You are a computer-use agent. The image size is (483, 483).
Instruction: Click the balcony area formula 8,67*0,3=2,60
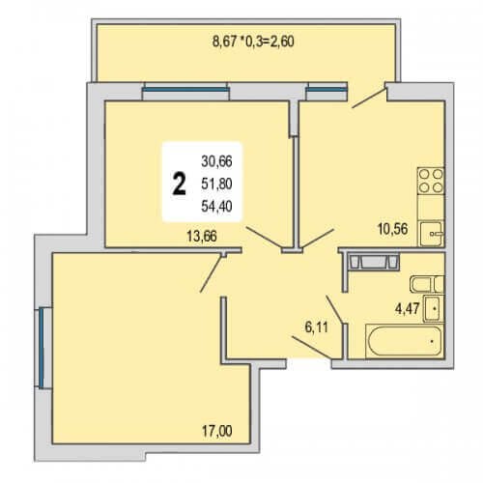tap(253, 42)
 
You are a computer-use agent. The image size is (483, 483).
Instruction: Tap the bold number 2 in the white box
tap(179, 184)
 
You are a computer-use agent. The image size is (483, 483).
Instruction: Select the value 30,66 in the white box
tap(216, 161)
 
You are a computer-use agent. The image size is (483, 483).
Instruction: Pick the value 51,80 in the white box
tap(216, 184)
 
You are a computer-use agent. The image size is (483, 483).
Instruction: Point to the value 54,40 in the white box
tap(216, 206)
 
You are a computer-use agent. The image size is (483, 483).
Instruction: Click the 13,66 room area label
tap(202, 237)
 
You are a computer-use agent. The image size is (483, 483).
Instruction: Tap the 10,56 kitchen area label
tap(392, 229)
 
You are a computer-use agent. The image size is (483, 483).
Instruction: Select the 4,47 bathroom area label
tap(408, 309)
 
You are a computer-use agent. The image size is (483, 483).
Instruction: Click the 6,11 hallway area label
tap(317, 327)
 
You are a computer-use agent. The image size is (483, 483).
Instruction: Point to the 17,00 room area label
tap(217, 431)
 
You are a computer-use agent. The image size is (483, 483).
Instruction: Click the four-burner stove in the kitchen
tap(431, 181)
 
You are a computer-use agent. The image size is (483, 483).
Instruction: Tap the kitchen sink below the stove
tap(432, 234)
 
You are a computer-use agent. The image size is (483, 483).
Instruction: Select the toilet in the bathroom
tap(427, 284)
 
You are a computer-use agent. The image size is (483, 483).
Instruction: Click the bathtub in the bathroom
tap(405, 341)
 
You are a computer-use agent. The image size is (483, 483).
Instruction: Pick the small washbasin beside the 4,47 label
tap(434, 308)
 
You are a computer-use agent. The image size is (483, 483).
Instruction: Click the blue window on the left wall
tap(42, 348)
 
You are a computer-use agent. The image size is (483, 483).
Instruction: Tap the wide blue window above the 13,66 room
tap(185, 90)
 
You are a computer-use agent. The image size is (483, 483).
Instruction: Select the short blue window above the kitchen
tap(327, 90)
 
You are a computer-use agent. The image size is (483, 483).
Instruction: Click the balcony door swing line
tap(369, 98)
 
